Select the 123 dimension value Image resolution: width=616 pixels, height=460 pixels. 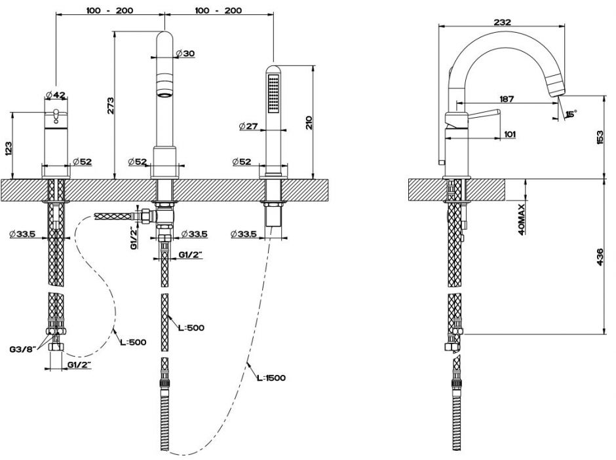point(9,148)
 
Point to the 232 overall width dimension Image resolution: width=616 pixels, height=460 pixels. point(503,21)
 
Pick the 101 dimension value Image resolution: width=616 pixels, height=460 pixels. point(510,134)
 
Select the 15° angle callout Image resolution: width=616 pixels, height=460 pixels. point(571,114)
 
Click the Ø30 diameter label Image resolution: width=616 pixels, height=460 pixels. point(185,54)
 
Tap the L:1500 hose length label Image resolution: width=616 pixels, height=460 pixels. point(271,378)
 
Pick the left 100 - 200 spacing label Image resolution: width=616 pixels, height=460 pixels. point(108,10)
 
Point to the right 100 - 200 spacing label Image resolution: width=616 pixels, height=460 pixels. point(218,10)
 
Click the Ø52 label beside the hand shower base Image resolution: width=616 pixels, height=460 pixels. point(242,162)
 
